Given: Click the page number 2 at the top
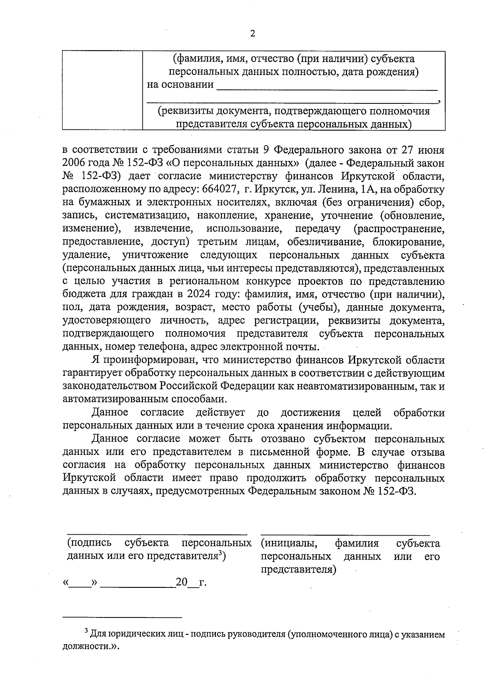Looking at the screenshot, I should click(x=252, y=34).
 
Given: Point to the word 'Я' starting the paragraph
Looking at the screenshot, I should click(x=95, y=360).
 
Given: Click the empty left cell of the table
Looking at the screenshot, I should click(x=102, y=90).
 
